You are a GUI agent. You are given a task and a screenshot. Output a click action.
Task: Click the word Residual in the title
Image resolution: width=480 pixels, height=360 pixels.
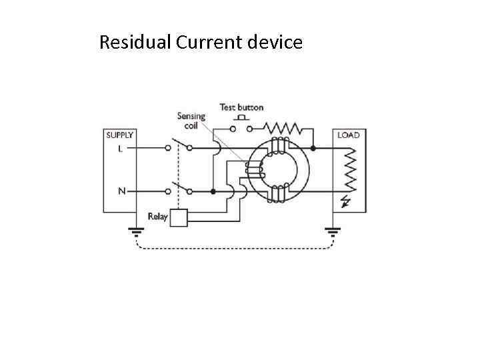(x=135, y=43)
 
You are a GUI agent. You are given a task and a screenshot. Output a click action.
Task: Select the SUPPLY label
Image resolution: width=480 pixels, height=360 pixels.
(x=120, y=135)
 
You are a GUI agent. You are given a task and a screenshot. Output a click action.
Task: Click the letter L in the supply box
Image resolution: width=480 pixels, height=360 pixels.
(x=120, y=149)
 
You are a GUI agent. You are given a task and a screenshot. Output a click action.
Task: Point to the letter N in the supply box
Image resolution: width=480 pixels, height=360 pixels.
(x=121, y=191)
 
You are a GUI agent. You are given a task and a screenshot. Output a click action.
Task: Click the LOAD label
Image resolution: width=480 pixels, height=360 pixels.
(x=348, y=135)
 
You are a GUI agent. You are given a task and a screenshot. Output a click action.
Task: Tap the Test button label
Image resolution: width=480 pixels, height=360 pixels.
(x=241, y=107)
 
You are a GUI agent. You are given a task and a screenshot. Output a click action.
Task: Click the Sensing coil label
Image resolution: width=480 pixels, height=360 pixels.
(x=191, y=121)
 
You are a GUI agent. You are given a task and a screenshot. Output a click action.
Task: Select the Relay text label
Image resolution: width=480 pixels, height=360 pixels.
(x=157, y=217)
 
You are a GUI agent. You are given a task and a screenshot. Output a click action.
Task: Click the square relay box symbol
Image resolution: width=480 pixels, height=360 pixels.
(x=179, y=217)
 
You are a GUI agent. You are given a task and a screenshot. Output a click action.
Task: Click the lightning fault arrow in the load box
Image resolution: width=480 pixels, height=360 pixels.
(x=346, y=201)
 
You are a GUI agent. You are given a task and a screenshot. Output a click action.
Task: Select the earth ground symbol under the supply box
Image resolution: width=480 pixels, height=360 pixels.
(x=136, y=233)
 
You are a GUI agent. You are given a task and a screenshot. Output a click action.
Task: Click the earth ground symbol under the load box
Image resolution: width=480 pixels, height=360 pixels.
(x=331, y=233)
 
